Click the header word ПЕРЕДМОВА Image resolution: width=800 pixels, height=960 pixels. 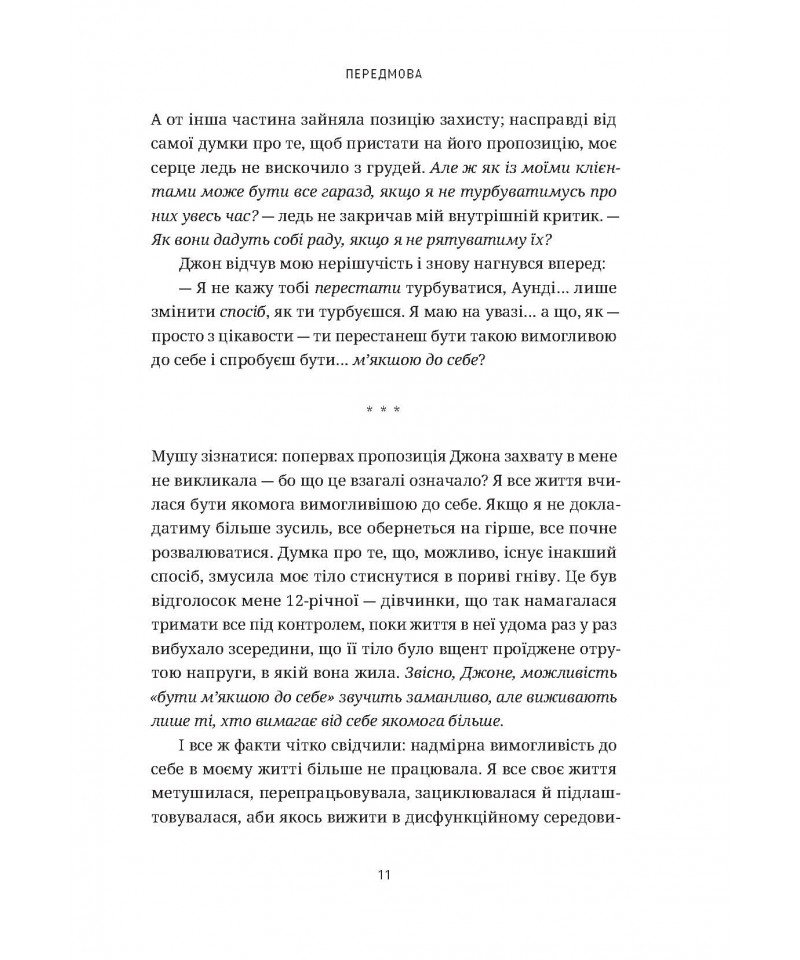coord(399,74)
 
